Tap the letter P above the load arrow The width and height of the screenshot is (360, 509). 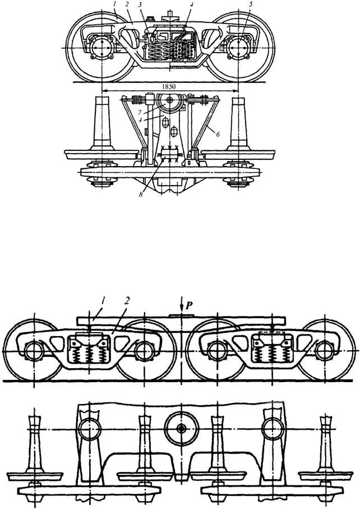[188, 304]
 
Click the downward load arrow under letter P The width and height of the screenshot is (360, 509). [181, 310]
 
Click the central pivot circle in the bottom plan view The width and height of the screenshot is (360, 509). [181, 429]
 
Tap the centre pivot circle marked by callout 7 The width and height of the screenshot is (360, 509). [170, 102]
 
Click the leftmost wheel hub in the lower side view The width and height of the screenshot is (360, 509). [35, 351]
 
